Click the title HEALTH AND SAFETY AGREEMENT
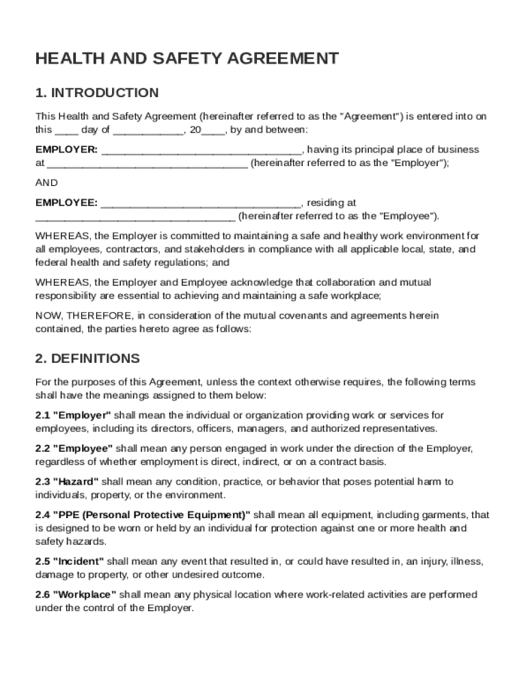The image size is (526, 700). pos(186,59)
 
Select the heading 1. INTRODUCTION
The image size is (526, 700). pos(97,93)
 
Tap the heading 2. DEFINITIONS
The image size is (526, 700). pos(87,359)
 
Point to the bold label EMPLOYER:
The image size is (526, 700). pos(66,150)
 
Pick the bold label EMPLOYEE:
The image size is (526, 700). pos(66,203)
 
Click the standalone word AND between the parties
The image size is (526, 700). pos(46,183)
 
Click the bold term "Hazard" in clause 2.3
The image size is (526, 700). pos(76,482)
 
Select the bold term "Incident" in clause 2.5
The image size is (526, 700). pos(79,561)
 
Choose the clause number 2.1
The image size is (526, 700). pos(42,416)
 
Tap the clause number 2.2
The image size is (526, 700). pos(42,448)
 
